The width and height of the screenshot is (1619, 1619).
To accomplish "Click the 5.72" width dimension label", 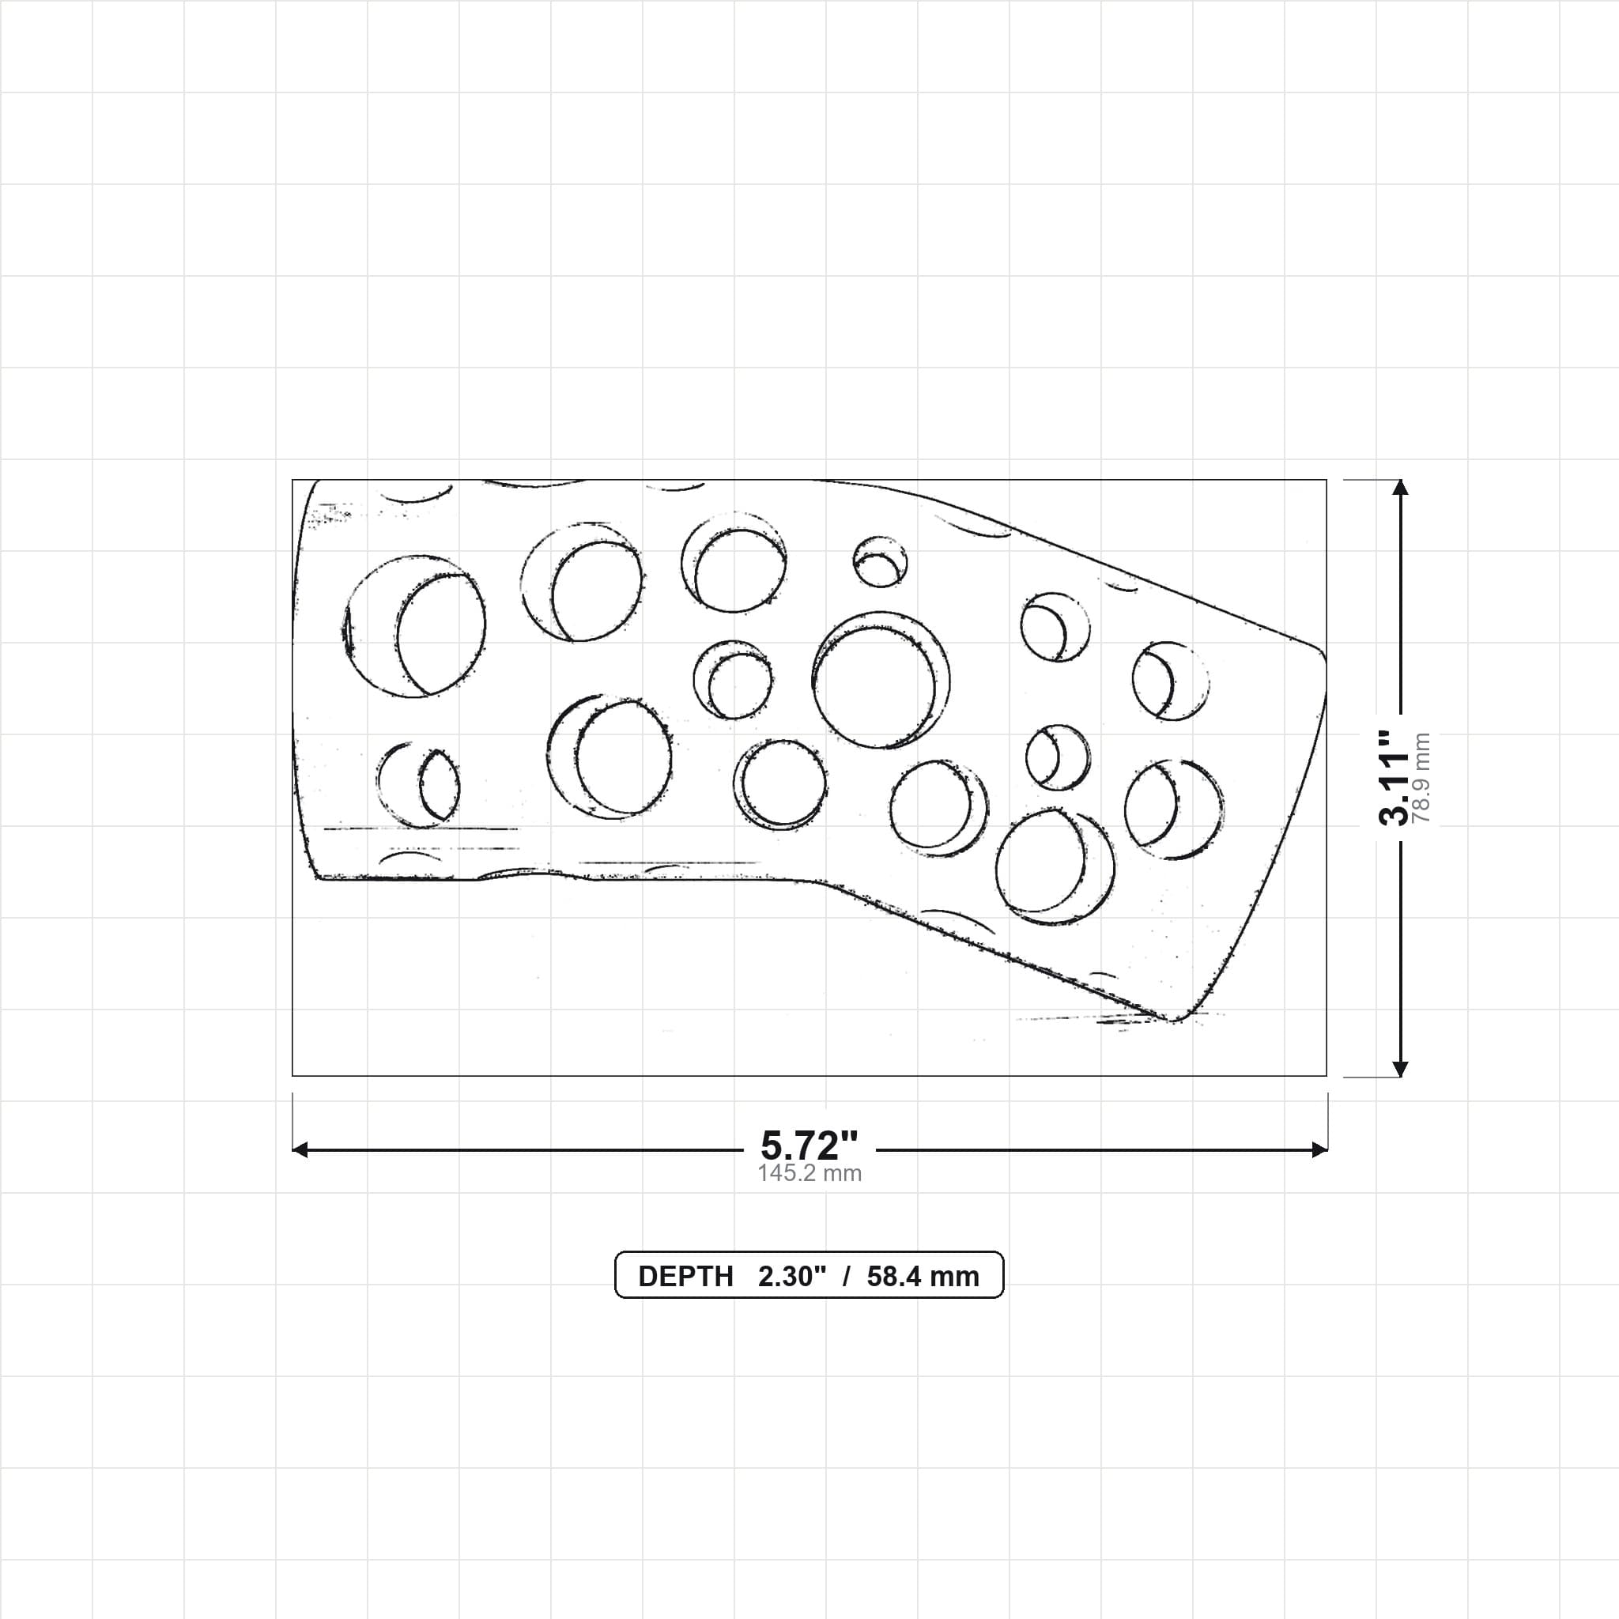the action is click(809, 1145).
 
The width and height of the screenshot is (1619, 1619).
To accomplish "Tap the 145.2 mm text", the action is click(809, 1173).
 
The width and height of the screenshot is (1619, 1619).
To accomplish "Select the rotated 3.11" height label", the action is click(1394, 778).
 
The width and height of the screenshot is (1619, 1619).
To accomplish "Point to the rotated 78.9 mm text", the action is click(1421, 778).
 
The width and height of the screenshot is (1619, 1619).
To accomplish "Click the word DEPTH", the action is click(685, 1276).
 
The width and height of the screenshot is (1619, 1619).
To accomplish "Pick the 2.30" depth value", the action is click(792, 1276).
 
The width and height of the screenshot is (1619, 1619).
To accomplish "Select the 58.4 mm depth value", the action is click(923, 1276).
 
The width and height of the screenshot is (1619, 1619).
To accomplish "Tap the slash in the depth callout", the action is click(847, 1276).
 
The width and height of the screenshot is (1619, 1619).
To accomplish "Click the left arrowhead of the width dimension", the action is click(300, 1149).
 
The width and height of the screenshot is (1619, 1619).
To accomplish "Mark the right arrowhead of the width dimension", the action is click(1320, 1149).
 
